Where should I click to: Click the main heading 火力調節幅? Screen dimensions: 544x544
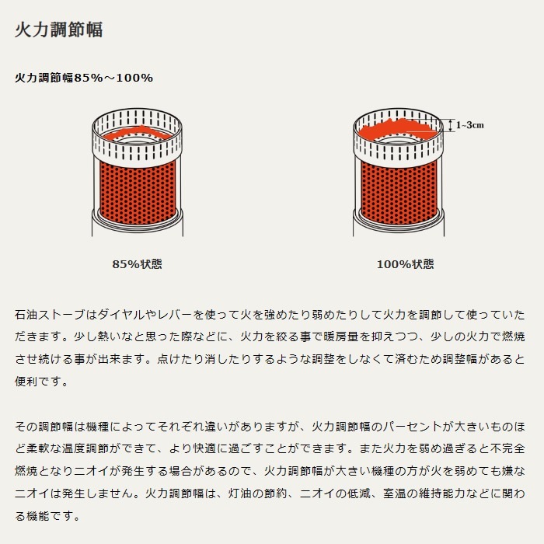point(58,30)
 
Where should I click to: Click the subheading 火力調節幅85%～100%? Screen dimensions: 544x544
point(84,78)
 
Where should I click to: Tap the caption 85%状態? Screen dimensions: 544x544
point(137,264)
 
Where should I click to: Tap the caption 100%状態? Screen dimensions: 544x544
point(405,264)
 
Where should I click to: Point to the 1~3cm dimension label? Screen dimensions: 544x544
point(469,125)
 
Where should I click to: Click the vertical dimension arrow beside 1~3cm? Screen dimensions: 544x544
point(451,125)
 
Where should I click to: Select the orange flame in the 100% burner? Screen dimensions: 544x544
point(399,129)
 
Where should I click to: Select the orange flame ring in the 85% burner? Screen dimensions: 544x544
point(138,133)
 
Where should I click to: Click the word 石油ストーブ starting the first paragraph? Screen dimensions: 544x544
point(50,315)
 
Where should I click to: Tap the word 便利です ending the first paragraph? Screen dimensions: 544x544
point(42,382)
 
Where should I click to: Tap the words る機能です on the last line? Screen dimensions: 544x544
point(47,516)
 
